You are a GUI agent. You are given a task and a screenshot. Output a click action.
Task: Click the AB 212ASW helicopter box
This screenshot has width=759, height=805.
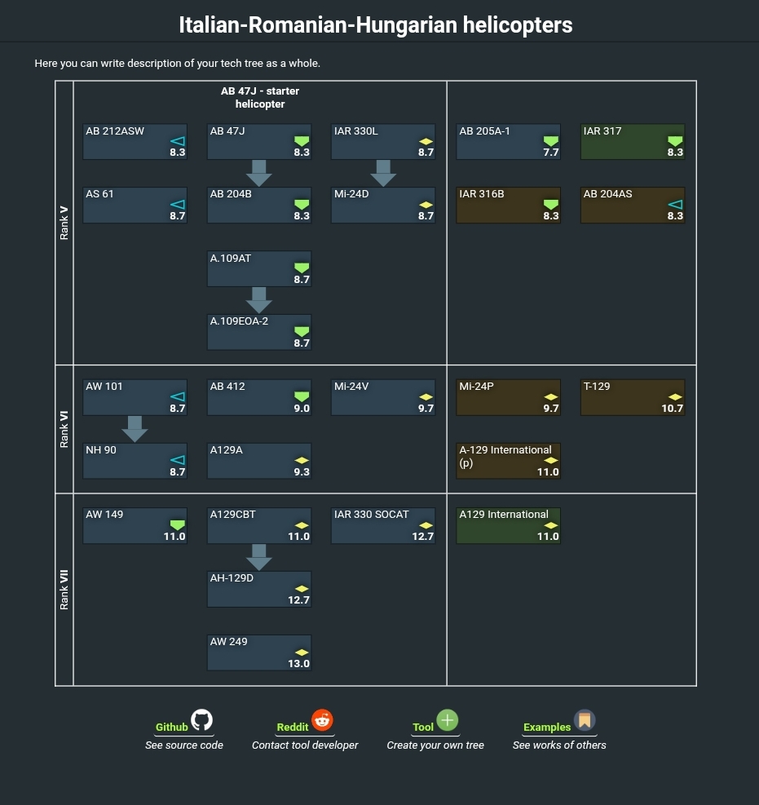pos(135,141)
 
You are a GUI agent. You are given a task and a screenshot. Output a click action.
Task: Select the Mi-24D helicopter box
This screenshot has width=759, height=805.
pos(383,205)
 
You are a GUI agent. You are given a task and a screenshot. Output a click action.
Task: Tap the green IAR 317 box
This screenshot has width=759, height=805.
pos(633,141)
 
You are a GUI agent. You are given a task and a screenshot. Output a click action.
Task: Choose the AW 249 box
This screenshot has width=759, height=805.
pos(258,652)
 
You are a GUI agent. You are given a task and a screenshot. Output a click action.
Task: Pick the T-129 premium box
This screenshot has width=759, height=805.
pos(633,397)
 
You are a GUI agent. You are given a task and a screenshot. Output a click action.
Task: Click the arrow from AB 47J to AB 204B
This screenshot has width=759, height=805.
pos(258,172)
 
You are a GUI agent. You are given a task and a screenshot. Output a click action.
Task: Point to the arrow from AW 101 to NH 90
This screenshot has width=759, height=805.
pos(135,428)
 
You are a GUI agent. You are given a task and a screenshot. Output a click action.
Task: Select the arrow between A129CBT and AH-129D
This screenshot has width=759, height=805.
pos(258,556)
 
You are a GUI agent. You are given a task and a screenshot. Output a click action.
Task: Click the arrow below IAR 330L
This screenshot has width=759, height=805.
pos(383,172)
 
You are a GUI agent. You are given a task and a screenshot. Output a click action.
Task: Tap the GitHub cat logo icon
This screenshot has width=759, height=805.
pos(201,720)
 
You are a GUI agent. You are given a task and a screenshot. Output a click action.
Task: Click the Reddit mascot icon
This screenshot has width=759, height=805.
pos(323,720)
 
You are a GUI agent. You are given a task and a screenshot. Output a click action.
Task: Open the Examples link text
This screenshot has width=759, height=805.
pos(546,728)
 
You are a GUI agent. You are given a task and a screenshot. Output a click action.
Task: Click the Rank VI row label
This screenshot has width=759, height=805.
pos(64,429)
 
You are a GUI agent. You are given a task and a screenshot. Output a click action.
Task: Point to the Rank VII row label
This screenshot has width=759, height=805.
pos(64,589)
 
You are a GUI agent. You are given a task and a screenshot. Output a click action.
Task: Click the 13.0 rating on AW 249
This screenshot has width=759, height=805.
pos(298,664)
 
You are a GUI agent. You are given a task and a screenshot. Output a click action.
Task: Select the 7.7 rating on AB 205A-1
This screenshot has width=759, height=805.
pos(551,153)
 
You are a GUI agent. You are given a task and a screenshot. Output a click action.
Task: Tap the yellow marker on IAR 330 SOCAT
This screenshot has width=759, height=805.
pos(426,525)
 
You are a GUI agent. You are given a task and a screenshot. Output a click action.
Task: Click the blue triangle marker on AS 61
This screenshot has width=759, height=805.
pos(177,204)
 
